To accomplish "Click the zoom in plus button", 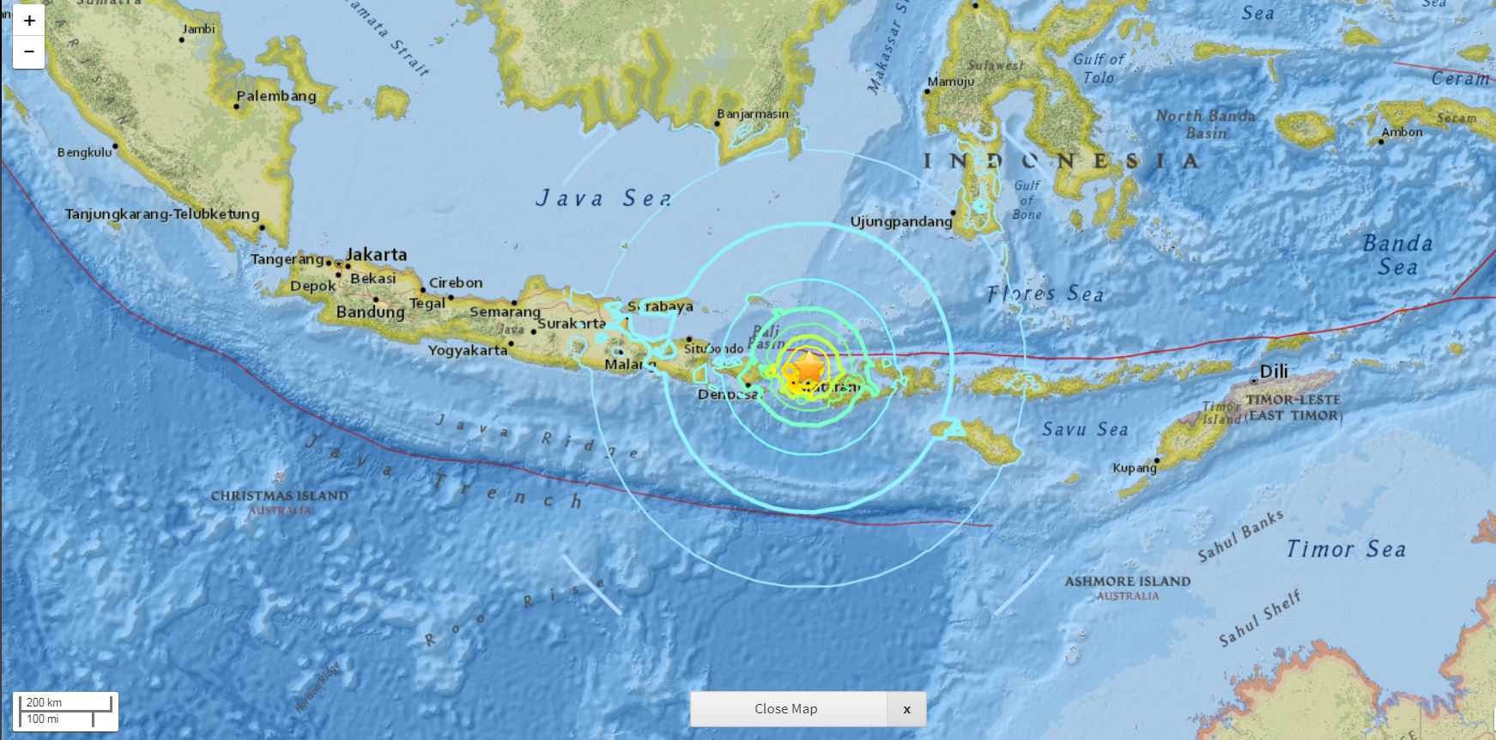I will pyautogui.click(x=28, y=21).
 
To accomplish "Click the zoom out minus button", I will pyautogui.click(x=28, y=52).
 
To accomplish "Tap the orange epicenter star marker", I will pyautogui.click(x=809, y=367).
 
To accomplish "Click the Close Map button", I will pyautogui.click(x=786, y=709).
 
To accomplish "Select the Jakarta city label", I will pyautogui.click(x=376, y=255).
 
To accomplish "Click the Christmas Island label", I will pyautogui.click(x=280, y=496).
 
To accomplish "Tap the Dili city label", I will pyautogui.click(x=1274, y=373).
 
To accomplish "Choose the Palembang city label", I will pyautogui.click(x=276, y=96).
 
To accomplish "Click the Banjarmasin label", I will pyautogui.click(x=753, y=113).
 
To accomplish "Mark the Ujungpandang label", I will pyautogui.click(x=901, y=221).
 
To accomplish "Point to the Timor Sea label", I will pyautogui.click(x=1345, y=549).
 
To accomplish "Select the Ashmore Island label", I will pyautogui.click(x=1127, y=582).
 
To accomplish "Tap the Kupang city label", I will pyautogui.click(x=1135, y=468).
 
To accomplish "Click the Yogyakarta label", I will pyautogui.click(x=468, y=350).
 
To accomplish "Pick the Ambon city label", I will pyautogui.click(x=1402, y=132).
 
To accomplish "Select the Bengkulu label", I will pyautogui.click(x=85, y=153).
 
